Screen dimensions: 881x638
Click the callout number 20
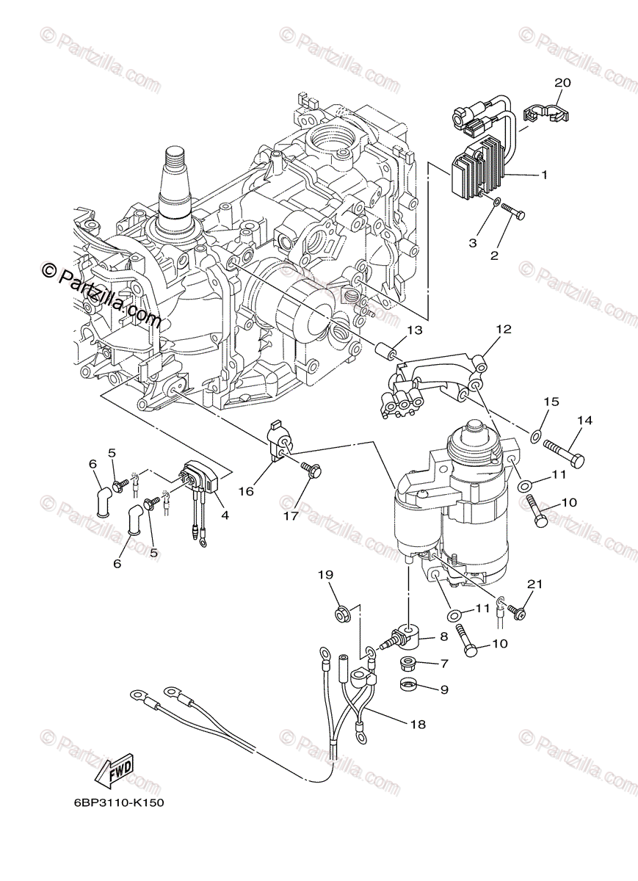coord(562,83)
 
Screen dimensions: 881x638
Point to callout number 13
coord(415,330)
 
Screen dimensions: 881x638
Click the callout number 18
coord(418,723)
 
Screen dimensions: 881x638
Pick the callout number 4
coord(225,515)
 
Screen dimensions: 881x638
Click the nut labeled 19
coord(341,613)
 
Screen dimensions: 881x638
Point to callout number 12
coord(503,330)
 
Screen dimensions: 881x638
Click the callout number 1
coord(544,175)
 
